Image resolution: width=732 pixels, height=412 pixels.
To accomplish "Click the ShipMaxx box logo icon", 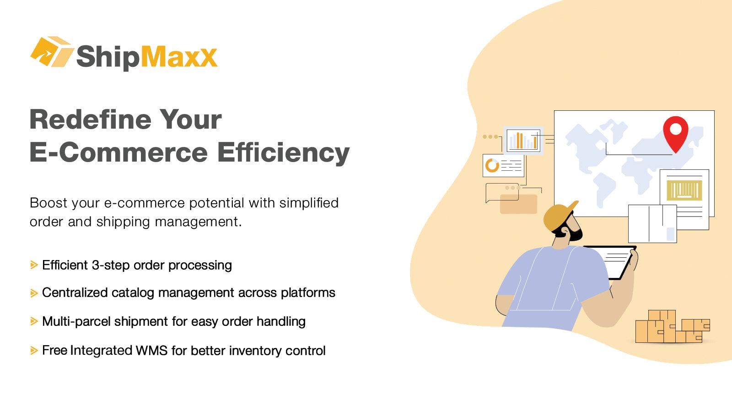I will click(51, 52).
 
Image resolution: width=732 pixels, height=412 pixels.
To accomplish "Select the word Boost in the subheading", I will click(48, 203).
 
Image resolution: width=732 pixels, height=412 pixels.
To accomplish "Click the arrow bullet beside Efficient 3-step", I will click(34, 265).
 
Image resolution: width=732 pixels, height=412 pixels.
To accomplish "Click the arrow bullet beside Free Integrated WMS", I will click(34, 351).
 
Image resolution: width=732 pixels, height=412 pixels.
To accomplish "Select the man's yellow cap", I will click(559, 216).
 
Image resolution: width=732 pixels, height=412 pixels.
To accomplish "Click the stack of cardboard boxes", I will click(670, 327).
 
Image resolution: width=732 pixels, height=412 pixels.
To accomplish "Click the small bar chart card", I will click(523, 140).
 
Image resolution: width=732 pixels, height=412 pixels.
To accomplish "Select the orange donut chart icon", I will click(492, 165).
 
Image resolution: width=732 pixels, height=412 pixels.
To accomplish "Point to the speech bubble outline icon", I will click(501, 192).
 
